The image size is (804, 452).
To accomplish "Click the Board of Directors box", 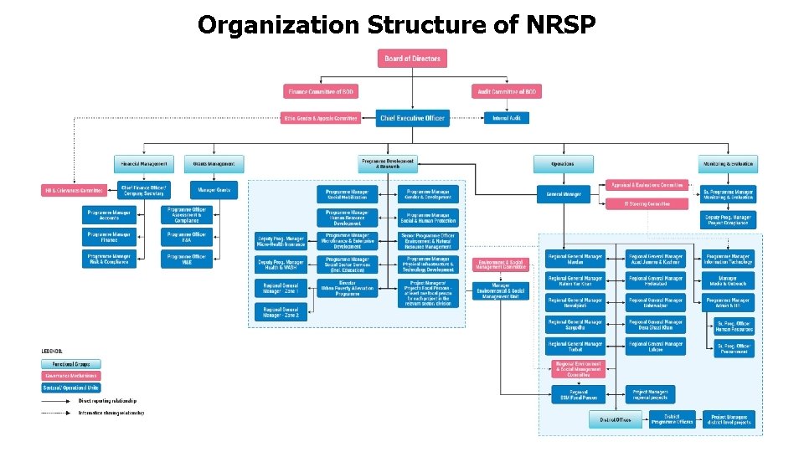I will (x=412, y=59).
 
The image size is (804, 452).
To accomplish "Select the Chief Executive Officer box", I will (x=412, y=118).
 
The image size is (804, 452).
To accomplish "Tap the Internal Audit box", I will (x=506, y=118).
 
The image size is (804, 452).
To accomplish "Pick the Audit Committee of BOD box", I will (x=507, y=91).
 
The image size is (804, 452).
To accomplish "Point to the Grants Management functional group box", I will (x=214, y=164).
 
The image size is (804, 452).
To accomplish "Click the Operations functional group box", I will (x=562, y=164).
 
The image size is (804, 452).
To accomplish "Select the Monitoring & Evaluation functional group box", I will (x=727, y=164).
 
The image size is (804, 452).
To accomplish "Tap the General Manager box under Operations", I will (x=564, y=194).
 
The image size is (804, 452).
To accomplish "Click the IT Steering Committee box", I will (x=647, y=203).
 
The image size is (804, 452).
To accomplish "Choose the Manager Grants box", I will (x=214, y=191).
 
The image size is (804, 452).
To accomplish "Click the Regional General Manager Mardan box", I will (x=575, y=259).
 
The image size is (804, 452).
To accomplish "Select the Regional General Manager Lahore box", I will (x=656, y=346).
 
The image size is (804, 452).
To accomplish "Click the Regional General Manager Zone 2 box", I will (x=281, y=312).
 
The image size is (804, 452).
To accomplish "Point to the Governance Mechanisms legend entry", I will (x=71, y=376).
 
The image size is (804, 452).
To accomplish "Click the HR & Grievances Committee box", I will (x=76, y=191).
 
